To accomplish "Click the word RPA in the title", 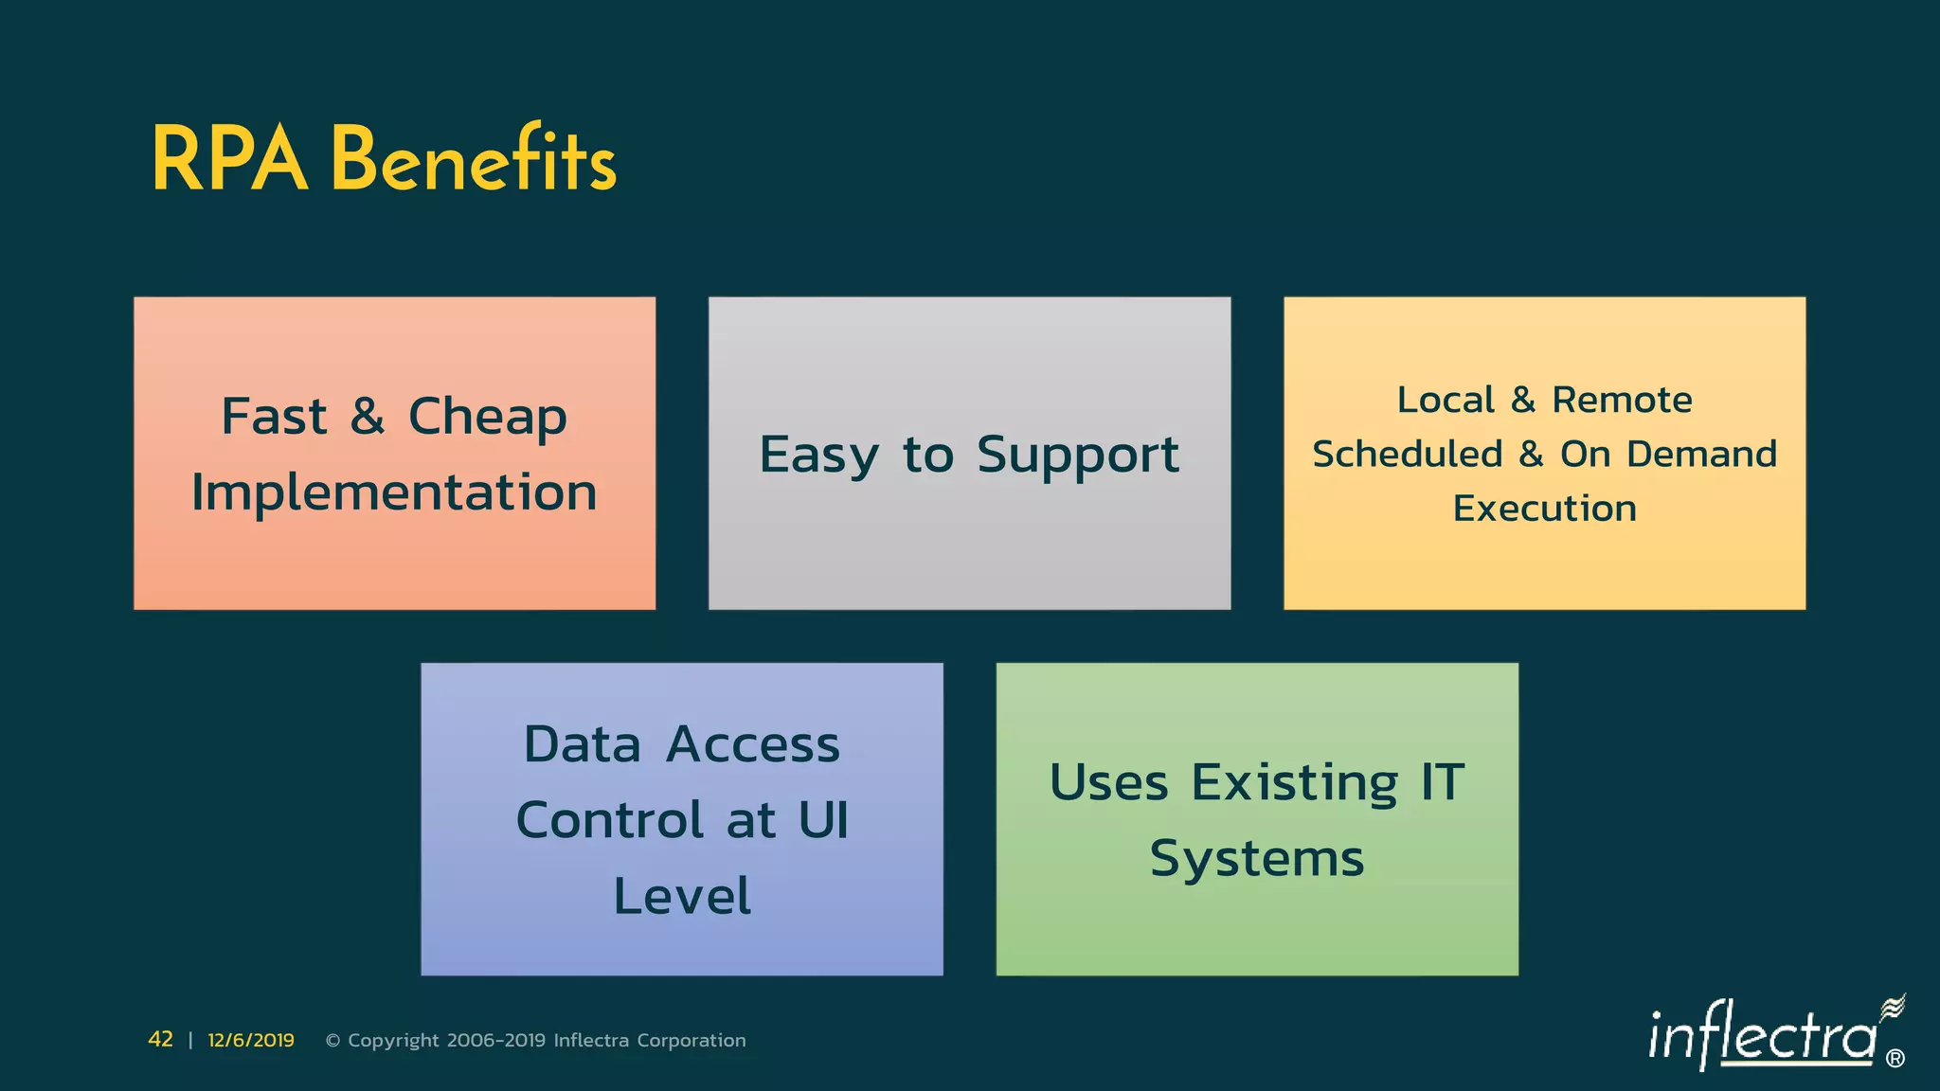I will (229, 161).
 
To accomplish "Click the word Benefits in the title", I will (473, 159).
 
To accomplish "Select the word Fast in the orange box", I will (274, 417).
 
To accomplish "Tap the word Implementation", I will (394, 492).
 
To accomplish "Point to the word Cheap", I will (487, 418).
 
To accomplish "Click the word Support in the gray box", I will (1077, 456).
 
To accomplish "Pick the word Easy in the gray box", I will (818, 456).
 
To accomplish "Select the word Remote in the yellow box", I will (1622, 400).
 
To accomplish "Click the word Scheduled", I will (1407, 455).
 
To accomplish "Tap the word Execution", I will (1544, 509).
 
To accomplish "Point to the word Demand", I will (1701, 455).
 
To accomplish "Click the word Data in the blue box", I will (583, 744).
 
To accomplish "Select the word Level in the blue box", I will (682, 896).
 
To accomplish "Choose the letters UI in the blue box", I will (823, 820).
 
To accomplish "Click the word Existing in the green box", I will (1294, 783).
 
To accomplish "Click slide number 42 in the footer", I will (161, 1040).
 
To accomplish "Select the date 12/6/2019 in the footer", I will (251, 1040).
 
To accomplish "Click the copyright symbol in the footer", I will (332, 1041).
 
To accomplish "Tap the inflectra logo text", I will (1762, 1036).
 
